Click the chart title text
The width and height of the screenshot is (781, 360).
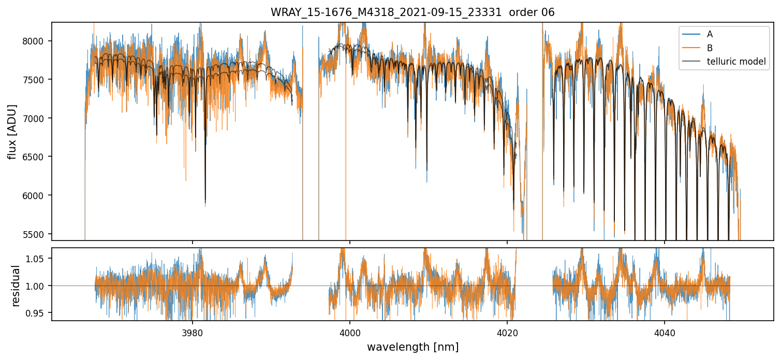(x=412, y=12)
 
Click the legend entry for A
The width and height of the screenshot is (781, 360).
(x=710, y=34)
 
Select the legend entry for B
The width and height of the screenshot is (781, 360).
(x=710, y=48)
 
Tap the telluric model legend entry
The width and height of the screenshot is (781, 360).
(x=736, y=62)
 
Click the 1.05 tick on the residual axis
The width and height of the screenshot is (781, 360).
(x=39, y=258)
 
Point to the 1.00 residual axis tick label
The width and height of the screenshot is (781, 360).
(x=39, y=286)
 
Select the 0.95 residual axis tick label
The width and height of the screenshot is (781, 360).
(x=39, y=313)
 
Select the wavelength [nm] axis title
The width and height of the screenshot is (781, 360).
(x=412, y=347)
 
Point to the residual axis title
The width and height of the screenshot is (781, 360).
(x=16, y=286)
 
